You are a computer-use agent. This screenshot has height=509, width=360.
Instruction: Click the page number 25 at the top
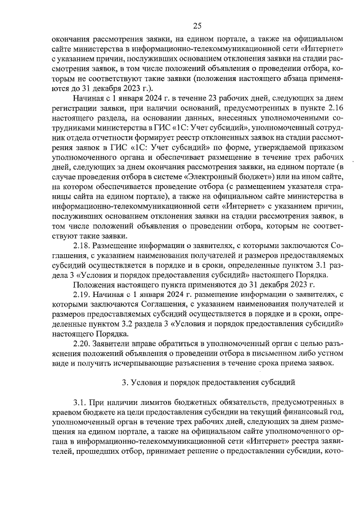[x=196, y=25]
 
